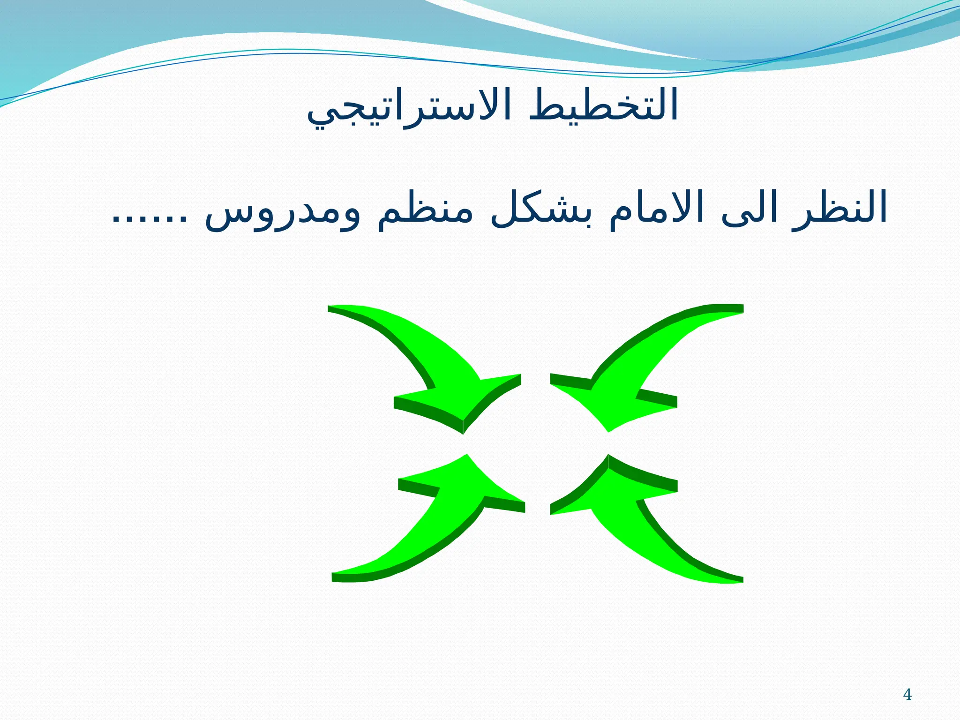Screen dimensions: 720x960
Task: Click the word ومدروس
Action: [x=283, y=213]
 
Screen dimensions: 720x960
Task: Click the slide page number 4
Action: [x=907, y=694]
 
